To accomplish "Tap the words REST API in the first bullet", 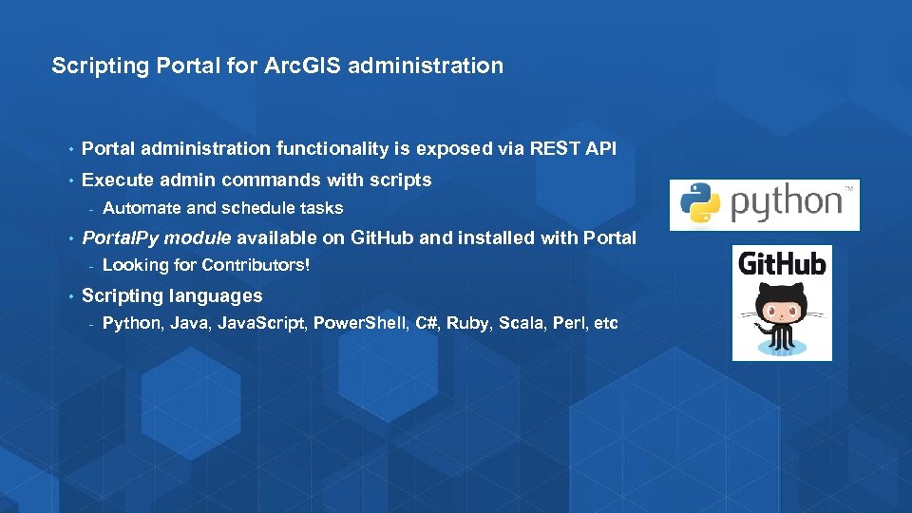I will (573, 148).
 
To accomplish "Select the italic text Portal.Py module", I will (157, 237).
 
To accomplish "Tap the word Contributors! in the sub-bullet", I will (255, 266).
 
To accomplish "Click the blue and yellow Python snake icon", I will (700, 203).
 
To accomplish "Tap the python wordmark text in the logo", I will (786, 203).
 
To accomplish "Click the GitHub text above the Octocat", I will (782, 263).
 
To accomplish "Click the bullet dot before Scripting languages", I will (70, 296).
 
